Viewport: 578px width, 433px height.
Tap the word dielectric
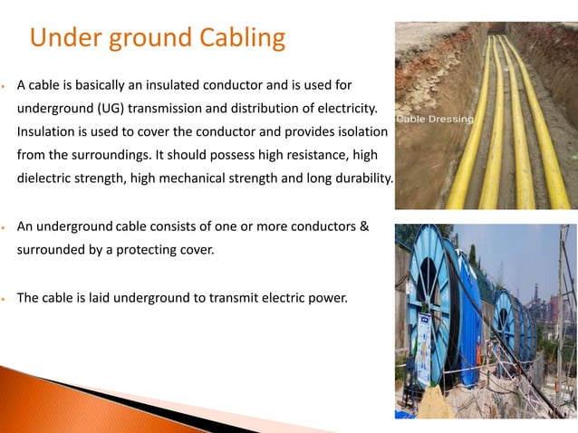click(48, 178)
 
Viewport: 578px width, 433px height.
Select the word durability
click(354, 178)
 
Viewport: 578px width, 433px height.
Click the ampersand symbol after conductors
click(363, 224)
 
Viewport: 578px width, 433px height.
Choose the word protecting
click(141, 246)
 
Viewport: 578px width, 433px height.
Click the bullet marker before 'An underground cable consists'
click(5, 225)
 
